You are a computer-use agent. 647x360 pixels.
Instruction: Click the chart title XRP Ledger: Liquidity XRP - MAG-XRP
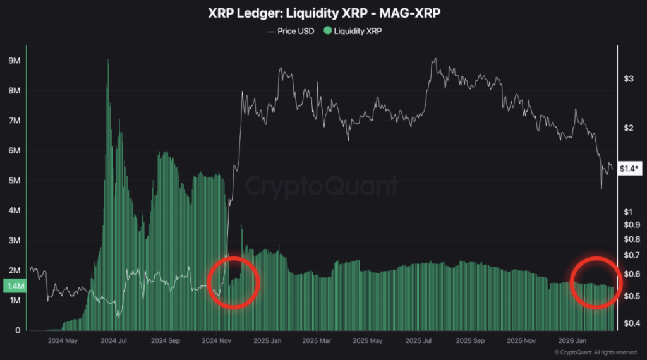(x=323, y=13)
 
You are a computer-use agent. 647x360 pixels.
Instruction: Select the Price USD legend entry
(x=291, y=30)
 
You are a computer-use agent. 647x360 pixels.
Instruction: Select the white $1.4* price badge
(x=631, y=169)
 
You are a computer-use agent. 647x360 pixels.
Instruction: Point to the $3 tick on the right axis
(x=629, y=79)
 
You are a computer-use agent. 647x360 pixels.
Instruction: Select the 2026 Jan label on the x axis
(x=570, y=340)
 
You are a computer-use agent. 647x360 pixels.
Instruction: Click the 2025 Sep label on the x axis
(x=469, y=340)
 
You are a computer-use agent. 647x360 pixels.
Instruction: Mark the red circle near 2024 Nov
(x=234, y=282)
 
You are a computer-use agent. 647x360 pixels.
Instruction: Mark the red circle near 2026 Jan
(x=596, y=282)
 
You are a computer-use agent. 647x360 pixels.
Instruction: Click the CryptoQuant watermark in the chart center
(x=322, y=186)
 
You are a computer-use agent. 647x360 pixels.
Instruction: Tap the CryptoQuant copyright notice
(x=595, y=352)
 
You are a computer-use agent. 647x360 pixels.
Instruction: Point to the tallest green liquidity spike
(x=108, y=63)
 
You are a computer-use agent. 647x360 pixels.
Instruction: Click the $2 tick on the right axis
(x=629, y=128)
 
